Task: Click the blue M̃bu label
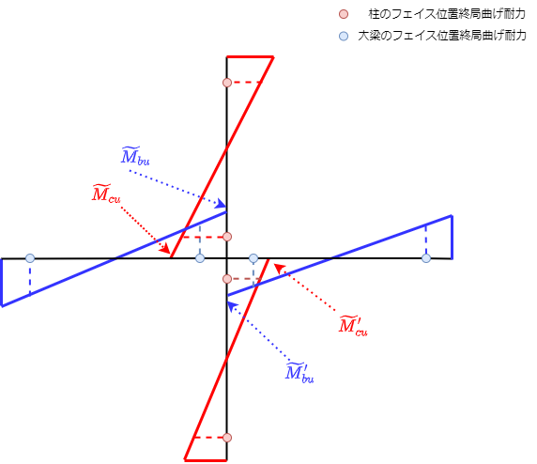[135, 156]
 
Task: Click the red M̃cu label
[106, 193]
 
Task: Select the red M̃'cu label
[353, 325]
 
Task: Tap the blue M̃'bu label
[299, 372]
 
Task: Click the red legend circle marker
[344, 14]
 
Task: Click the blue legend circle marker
[344, 36]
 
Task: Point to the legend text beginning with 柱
[447, 14]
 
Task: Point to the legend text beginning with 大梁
[442, 36]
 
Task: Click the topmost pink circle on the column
[227, 83]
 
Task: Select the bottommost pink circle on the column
[227, 438]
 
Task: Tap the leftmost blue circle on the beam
[30, 258]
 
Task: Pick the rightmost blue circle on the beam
[426, 258]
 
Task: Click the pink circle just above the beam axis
[227, 237]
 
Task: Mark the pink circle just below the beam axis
[227, 279]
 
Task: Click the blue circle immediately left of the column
[200, 258]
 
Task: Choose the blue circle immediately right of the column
[253, 258]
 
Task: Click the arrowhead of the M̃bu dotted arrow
[222, 205]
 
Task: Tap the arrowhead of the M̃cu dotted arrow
[165, 248]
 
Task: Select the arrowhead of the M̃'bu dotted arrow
[233, 306]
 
